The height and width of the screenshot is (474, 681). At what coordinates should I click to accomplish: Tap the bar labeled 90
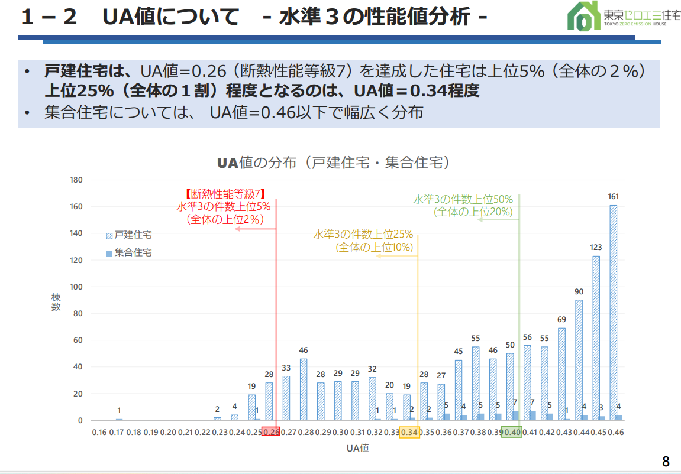click(579, 360)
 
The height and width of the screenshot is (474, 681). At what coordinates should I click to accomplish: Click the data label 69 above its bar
click(561, 320)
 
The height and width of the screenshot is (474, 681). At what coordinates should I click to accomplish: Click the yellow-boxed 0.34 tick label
click(409, 432)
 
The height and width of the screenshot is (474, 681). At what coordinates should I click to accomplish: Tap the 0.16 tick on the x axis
click(99, 432)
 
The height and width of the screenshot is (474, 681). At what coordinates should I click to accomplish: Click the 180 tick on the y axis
click(76, 180)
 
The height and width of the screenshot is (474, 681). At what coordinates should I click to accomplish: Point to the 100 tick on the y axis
click(76, 287)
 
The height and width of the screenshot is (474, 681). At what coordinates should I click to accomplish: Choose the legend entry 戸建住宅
click(129, 235)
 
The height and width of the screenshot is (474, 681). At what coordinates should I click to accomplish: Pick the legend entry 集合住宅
click(129, 252)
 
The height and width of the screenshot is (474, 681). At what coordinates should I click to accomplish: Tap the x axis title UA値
click(358, 448)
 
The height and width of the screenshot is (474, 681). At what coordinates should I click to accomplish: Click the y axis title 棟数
click(56, 303)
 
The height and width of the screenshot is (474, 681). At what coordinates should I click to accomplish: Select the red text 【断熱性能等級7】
click(224, 193)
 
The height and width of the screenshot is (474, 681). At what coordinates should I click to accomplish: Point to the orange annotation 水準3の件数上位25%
click(363, 235)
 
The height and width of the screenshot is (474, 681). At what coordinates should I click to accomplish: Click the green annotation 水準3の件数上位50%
click(463, 199)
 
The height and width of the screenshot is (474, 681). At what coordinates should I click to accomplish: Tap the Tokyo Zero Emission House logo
click(615, 16)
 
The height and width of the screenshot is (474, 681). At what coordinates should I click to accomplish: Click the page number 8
click(666, 461)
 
